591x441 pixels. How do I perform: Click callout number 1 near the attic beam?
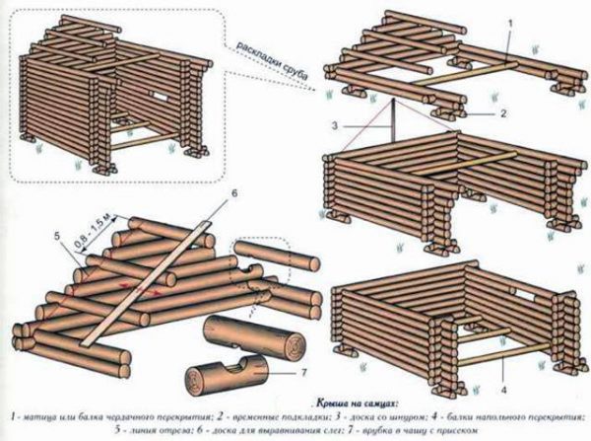click(508, 21)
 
